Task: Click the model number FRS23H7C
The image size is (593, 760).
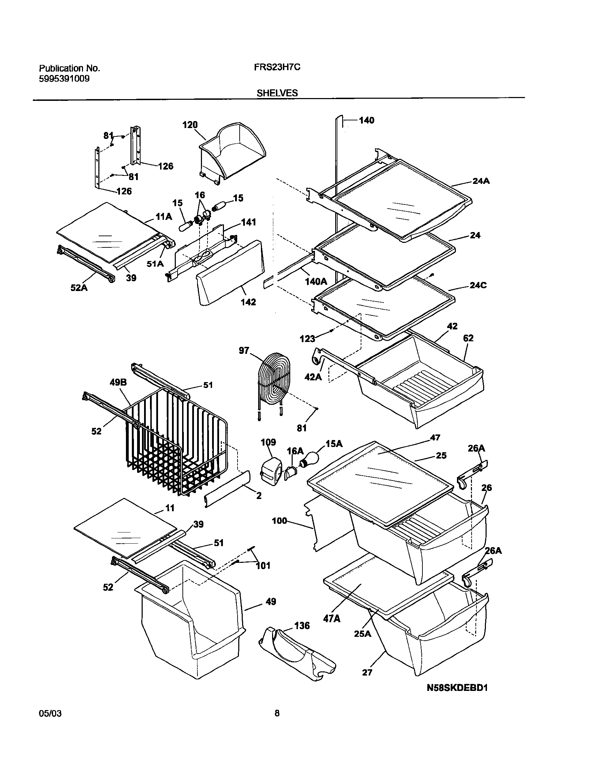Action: [x=277, y=67]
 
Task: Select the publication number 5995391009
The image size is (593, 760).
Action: [x=64, y=79]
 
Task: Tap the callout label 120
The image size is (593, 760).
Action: [x=190, y=125]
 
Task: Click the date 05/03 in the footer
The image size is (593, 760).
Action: [x=50, y=713]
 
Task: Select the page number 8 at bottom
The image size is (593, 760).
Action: [x=277, y=713]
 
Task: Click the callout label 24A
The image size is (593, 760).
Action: [x=481, y=181]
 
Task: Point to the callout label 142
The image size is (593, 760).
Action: [x=248, y=302]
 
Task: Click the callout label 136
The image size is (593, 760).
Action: [x=302, y=626]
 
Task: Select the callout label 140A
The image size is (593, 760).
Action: [x=316, y=281]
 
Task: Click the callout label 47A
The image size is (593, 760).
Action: [x=332, y=619]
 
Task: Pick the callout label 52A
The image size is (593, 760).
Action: [x=79, y=288]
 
